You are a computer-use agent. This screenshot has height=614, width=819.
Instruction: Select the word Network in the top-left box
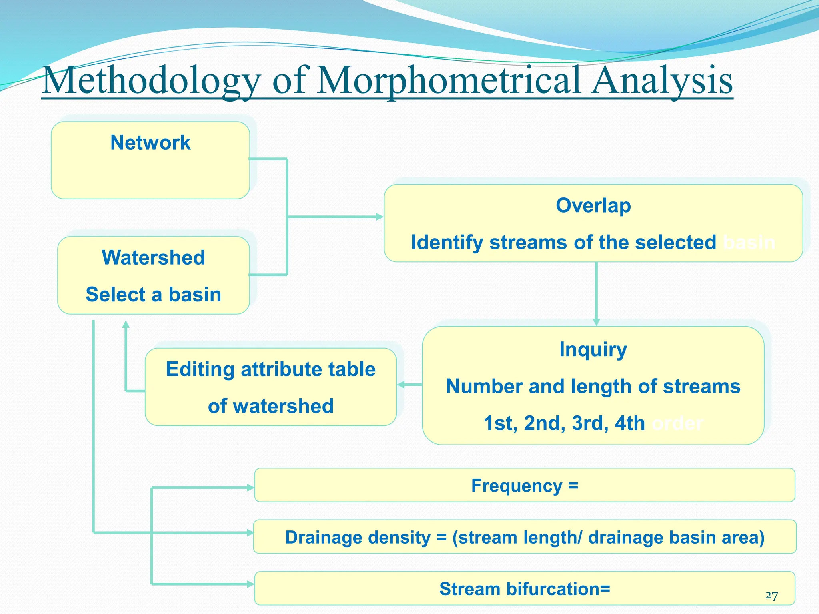coord(150,142)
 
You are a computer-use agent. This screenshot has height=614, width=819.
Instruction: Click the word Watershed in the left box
coord(153,257)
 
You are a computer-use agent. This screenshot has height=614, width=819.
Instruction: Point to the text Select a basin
coord(153,295)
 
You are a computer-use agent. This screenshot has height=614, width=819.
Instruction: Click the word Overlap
coord(593,206)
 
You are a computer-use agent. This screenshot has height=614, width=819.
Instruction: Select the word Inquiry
coord(593,349)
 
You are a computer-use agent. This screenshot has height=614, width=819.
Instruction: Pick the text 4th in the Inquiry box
coord(630,423)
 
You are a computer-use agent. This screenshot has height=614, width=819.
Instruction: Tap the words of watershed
coord(271,406)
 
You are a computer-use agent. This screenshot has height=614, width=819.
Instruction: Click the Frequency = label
coord(525,486)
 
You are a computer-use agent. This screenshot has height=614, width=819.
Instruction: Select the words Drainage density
coord(358,537)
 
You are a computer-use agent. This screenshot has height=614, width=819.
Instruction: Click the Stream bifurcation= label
coord(525,589)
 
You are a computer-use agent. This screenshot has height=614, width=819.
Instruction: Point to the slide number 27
coord(771,596)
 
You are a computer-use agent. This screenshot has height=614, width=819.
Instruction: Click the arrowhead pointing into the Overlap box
coord(380,217)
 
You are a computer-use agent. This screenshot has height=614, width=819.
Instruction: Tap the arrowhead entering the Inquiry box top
coord(596,322)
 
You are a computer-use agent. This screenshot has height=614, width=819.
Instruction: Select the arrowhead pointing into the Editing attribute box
coord(401,385)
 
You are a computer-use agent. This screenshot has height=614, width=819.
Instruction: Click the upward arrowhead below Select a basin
coord(126,324)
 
